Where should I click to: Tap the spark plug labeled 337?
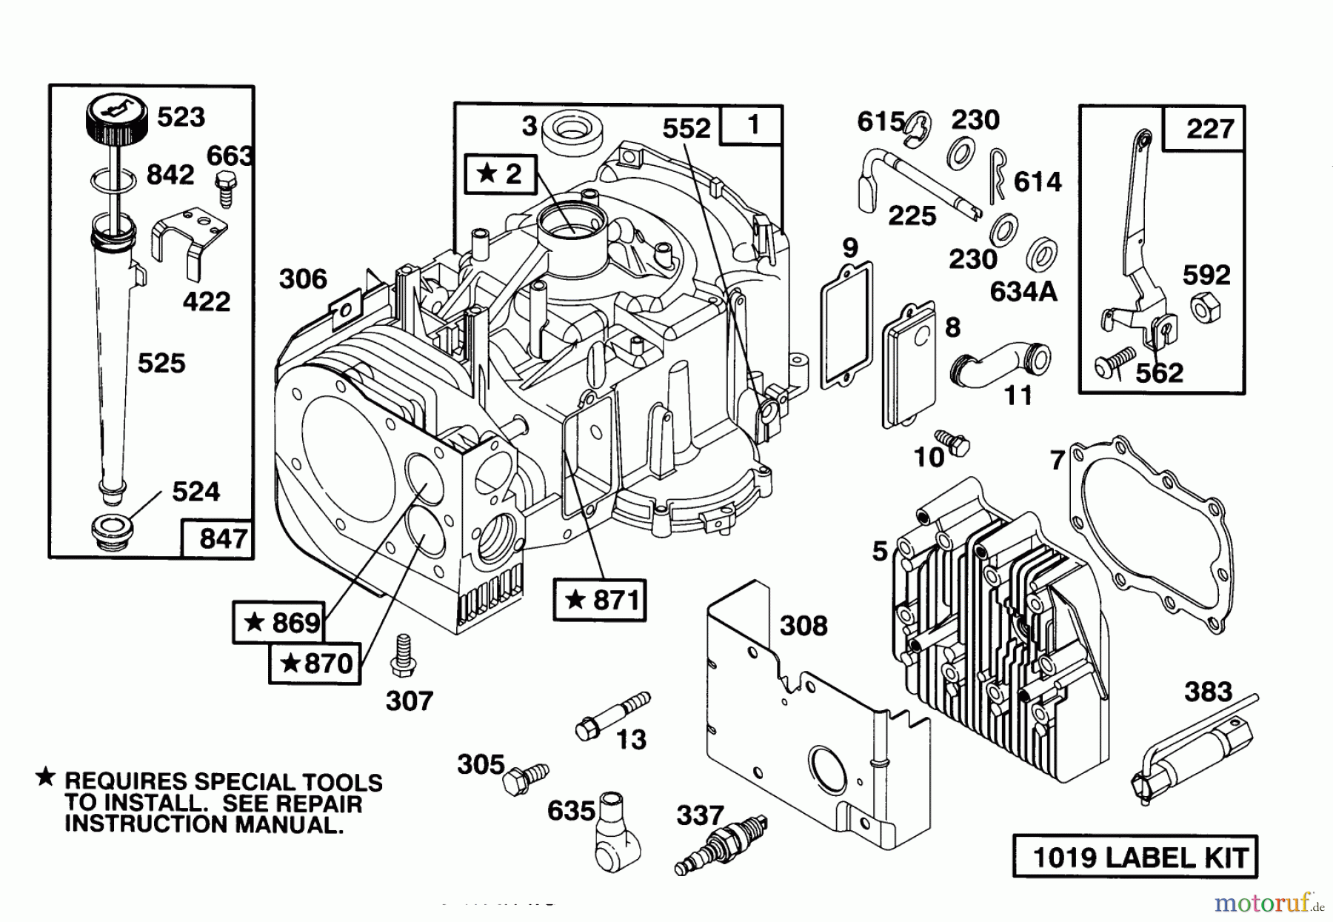click(x=722, y=844)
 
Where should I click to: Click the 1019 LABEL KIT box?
click(x=1135, y=857)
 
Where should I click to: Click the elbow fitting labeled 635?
click(x=612, y=832)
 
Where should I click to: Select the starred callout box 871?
click(x=600, y=599)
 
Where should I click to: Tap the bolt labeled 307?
click(x=404, y=654)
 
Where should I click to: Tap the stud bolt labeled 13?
click(x=612, y=715)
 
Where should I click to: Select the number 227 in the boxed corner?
click(x=1209, y=129)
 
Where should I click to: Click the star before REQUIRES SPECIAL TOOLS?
click(x=45, y=777)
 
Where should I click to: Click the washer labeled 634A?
click(x=1041, y=254)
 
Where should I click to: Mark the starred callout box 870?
click(x=314, y=662)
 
